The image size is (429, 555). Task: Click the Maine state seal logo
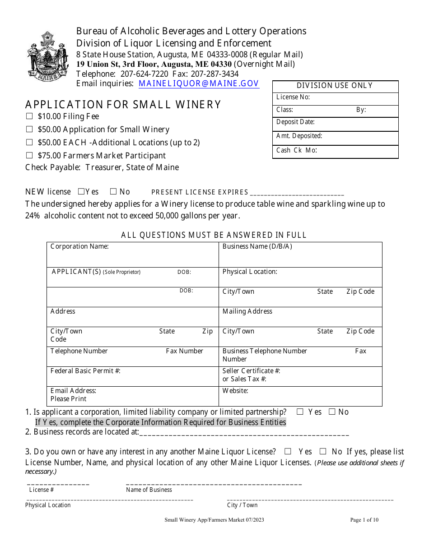click(47, 56)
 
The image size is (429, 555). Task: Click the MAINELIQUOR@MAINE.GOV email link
click(199, 83)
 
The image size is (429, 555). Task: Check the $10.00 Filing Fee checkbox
click(29, 116)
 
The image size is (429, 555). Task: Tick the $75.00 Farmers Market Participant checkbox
click(29, 156)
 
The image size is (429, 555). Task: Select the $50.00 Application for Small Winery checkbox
click(29, 129)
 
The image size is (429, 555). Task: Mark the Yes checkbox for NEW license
click(81, 191)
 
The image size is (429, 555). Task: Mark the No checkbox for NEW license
click(113, 191)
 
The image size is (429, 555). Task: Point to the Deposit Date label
click(295, 122)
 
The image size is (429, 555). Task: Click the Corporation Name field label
click(79, 246)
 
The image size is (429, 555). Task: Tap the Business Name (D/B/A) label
click(257, 246)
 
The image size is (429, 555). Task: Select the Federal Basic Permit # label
click(85, 371)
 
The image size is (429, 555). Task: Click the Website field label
click(235, 391)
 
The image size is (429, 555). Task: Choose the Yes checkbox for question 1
click(300, 412)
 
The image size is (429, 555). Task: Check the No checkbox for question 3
click(323, 451)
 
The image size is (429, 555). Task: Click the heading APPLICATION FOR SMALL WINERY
click(123, 105)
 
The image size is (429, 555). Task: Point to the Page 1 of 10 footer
click(364, 520)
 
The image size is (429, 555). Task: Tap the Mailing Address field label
click(247, 311)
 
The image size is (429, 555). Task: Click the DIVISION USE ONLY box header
click(335, 86)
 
